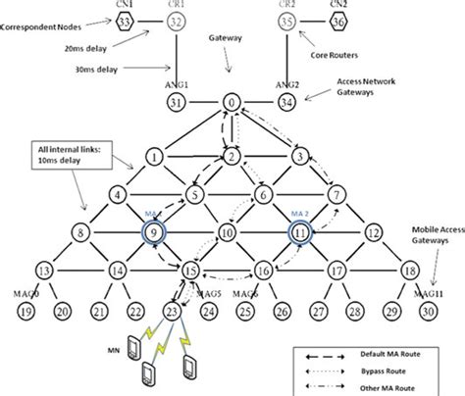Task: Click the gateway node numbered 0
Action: tap(232, 101)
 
